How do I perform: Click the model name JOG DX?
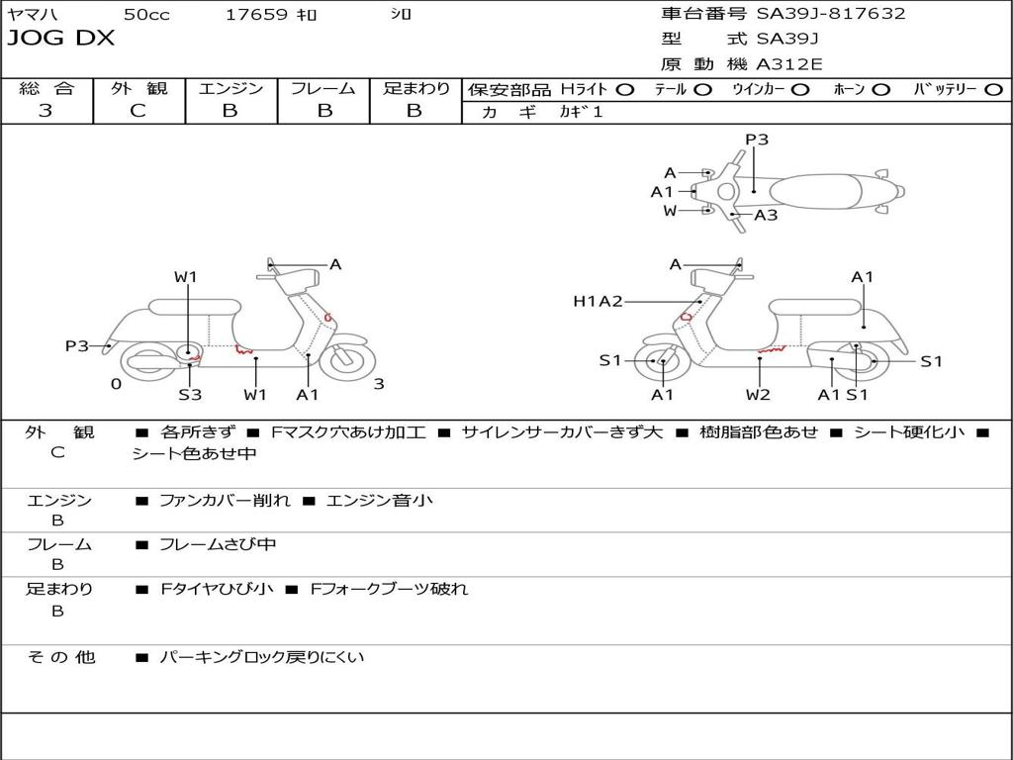tap(60, 39)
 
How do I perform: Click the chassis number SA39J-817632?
tap(831, 14)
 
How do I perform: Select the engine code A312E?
tap(788, 64)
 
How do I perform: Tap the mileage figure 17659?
tap(256, 14)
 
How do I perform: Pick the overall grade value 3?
tap(46, 111)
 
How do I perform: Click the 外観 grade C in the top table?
tap(138, 111)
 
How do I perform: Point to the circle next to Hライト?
tap(625, 90)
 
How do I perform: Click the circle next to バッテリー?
tap(993, 90)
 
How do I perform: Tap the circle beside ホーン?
tap(879, 90)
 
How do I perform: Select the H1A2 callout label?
tap(598, 301)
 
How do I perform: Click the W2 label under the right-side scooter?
tap(758, 394)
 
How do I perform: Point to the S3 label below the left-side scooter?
tap(190, 394)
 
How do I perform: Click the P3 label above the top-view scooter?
tap(757, 140)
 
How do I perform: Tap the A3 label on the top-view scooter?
tap(766, 215)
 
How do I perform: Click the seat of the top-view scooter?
tap(815, 192)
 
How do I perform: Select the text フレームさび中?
tap(218, 545)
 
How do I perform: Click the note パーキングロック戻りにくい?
tap(261, 657)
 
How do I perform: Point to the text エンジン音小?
tap(379, 500)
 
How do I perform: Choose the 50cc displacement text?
tap(146, 14)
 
